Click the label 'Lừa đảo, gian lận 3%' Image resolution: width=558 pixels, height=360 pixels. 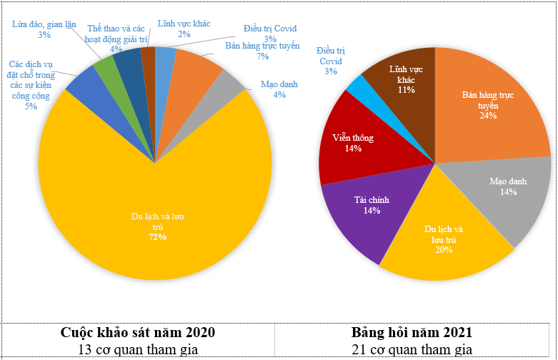pos(44,29)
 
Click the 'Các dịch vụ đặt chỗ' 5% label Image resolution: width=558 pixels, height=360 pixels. pos(31,85)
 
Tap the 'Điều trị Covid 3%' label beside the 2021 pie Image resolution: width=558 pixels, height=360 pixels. pos(331,61)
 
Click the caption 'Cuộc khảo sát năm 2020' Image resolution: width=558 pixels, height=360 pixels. pos(137,333)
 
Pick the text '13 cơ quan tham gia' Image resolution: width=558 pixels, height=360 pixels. pos(137,349)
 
